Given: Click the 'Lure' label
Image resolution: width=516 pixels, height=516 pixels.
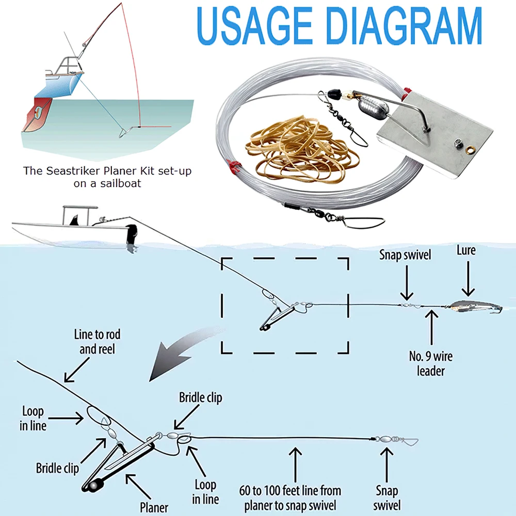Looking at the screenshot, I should [x=466, y=250].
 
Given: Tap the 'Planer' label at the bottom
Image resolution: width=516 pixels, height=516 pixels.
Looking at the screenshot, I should [x=154, y=507].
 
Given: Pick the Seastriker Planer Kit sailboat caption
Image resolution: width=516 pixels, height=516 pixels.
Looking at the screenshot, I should [x=107, y=176].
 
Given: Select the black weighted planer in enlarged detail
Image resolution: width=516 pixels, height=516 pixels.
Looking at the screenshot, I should [x=119, y=462].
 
